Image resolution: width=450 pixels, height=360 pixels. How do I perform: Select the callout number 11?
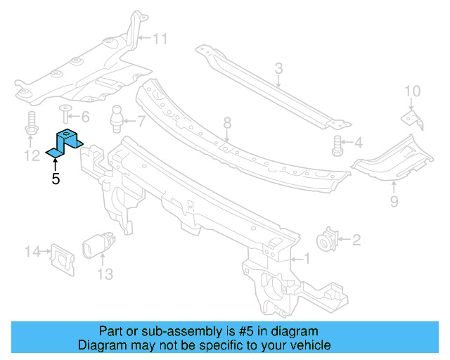pyautogui.click(x=160, y=39)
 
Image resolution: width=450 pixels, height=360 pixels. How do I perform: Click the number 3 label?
pyautogui.click(x=278, y=68)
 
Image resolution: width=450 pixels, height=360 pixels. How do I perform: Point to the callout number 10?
pyautogui.click(x=413, y=91)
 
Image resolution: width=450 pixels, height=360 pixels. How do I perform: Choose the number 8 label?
pyautogui.click(x=227, y=124)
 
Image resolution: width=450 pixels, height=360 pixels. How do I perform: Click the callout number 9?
pyautogui.click(x=394, y=202)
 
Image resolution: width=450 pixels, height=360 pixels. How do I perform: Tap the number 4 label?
pyautogui.click(x=358, y=143)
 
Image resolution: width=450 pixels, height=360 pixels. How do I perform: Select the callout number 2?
pyautogui.click(x=356, y=241)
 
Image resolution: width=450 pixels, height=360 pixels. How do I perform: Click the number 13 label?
pyautogui.click(x=104, y=274)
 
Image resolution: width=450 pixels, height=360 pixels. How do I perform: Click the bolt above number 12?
pyautogui.click(x=32, y=124)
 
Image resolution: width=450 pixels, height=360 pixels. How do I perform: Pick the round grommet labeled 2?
pyautogui.click(x=328, y=240)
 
